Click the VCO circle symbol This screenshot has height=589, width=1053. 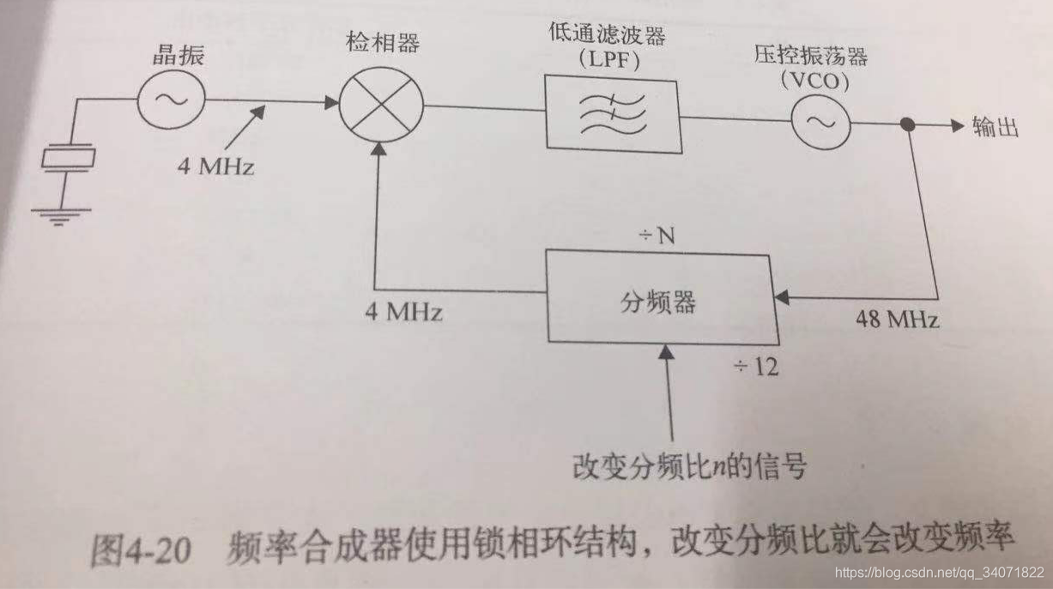[820, 123]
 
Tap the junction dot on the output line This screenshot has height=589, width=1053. [906, 124]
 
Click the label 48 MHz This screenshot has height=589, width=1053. [897, 320]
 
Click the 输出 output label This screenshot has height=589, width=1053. [996, 127]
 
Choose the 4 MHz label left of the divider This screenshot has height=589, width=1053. [402, 311]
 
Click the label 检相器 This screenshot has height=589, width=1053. [382, 43]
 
